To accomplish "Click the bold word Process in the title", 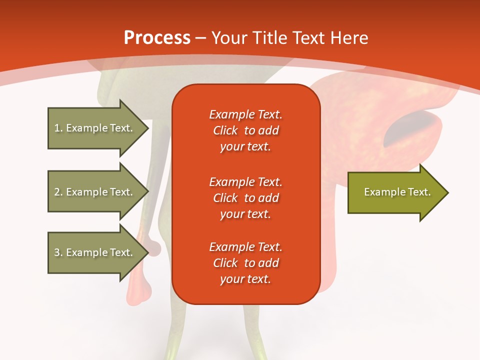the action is [x=157, y=37].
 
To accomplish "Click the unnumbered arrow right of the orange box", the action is [x=398, y=192].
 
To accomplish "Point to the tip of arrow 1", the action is [x=149, y=128].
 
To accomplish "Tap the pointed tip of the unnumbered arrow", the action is [x=448, y=193].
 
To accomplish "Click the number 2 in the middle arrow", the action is [x=57, y=192].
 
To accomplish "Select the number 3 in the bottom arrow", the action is [x=57, y=252].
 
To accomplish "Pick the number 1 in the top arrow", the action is [x=57, y=128].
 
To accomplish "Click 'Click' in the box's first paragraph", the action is [x=225, y=130].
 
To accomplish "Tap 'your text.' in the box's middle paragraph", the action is [x=245, y=214].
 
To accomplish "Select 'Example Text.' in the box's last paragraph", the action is [x=246, y=246].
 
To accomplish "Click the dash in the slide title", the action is [x=200, y=38].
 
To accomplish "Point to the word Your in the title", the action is [x=229, y=37].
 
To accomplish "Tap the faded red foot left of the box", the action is [x=138, y=291].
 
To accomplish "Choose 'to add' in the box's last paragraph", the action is [x=261, y=262].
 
